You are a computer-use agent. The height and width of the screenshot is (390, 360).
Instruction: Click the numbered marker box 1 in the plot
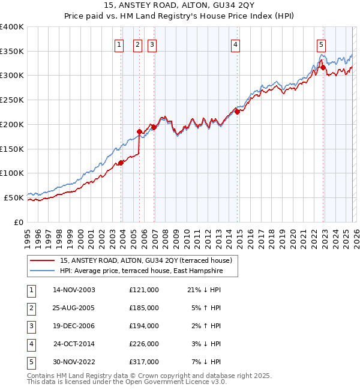(119, 44)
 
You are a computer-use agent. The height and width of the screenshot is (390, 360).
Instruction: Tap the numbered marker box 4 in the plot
(236, 44)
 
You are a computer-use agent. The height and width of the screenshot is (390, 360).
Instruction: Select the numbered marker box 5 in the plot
(322, 44)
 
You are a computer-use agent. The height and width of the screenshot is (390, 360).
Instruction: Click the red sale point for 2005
(139, 131)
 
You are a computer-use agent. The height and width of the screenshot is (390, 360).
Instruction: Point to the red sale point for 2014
(237, 111)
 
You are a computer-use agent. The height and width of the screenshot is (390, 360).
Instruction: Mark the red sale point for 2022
(323, 67)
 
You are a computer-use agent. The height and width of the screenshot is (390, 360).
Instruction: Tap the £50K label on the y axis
(14, 197)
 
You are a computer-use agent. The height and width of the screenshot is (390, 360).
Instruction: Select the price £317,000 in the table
(143, 362)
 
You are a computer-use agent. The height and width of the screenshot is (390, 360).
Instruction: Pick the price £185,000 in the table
(143, 308)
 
